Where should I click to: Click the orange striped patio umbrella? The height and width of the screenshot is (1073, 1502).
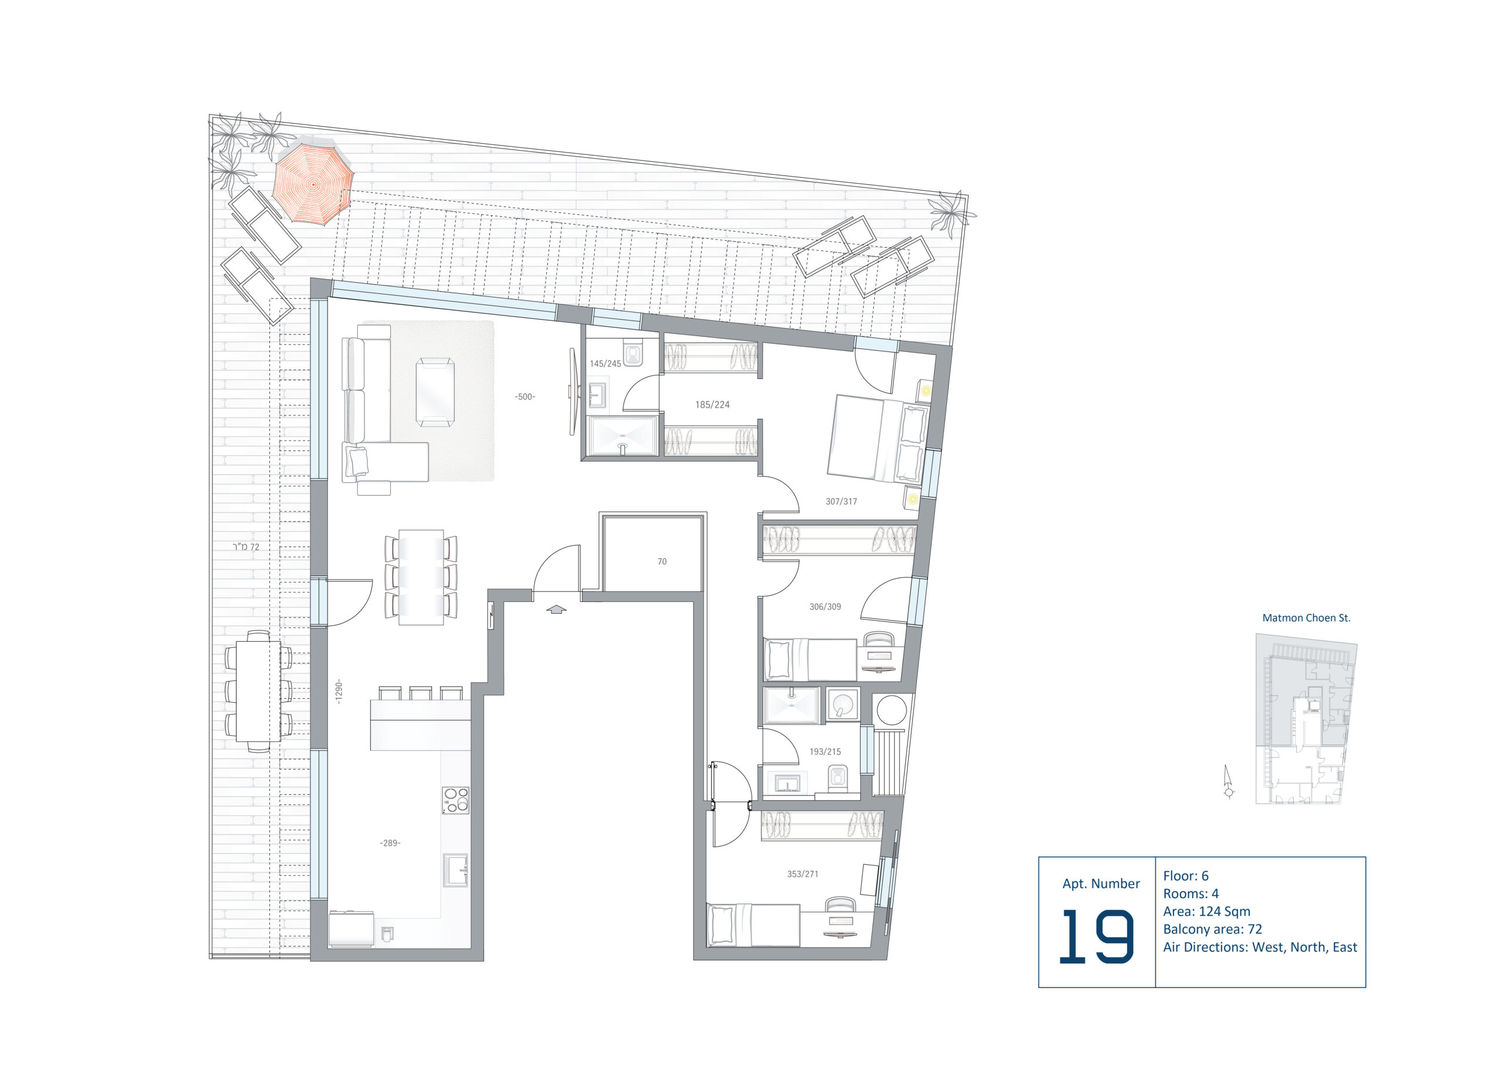[x=313, y=184]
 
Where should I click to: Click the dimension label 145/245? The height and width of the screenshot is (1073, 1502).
[x=605, y=363]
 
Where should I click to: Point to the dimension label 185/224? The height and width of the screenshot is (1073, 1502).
[x=712, y=404]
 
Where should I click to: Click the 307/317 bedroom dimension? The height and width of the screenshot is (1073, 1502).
[x=841, y=502]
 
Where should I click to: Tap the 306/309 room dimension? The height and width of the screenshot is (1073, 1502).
[x=826, y=607]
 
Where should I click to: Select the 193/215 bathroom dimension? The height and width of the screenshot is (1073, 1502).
[x=826, y=752]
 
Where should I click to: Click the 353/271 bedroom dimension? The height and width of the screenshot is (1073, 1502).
[x=803, y=874]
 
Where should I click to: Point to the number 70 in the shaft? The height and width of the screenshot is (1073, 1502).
[x=662, y=561]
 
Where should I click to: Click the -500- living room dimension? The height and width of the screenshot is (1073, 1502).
[x=525, y=397]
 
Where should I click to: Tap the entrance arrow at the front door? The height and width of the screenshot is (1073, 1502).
[x=556, y=609]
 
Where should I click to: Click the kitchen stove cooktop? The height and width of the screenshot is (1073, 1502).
[x=455, y=800]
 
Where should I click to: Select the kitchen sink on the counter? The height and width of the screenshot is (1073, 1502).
[x=456, y=869]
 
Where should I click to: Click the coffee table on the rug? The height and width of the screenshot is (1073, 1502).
[x=435, y=392]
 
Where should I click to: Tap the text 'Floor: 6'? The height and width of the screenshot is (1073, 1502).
[x=1186, y=876]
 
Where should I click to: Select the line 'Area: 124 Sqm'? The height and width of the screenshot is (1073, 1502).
[x=1207, y=912]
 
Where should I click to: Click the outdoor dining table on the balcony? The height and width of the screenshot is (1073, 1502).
[x=258, y=692]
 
